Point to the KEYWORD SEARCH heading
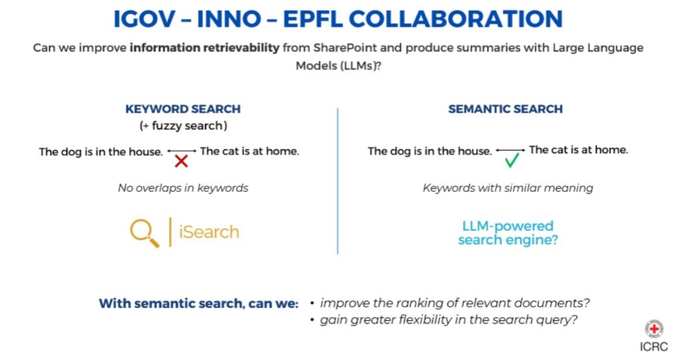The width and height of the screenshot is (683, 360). [x=183, y=109]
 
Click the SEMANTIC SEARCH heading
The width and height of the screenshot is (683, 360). [x=505, y=109]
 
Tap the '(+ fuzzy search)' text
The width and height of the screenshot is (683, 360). [x=183, y=126]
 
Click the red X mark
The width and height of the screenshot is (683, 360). [x=181, y=161]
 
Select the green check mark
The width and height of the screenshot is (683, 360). [x=512, y=160]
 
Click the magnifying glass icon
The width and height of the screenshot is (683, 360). [x=144, y=233]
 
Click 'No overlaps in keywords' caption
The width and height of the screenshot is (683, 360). [x=183, y=188]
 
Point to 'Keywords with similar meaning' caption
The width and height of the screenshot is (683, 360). [x=508, y=188]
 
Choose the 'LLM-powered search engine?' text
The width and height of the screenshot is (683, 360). [x=508, y=233]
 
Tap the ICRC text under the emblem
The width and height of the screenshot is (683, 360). [x=654, y=347]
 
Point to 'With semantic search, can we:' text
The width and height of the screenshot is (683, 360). [x=198, y=303]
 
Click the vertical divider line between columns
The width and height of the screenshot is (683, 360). [x=337, y=180]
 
